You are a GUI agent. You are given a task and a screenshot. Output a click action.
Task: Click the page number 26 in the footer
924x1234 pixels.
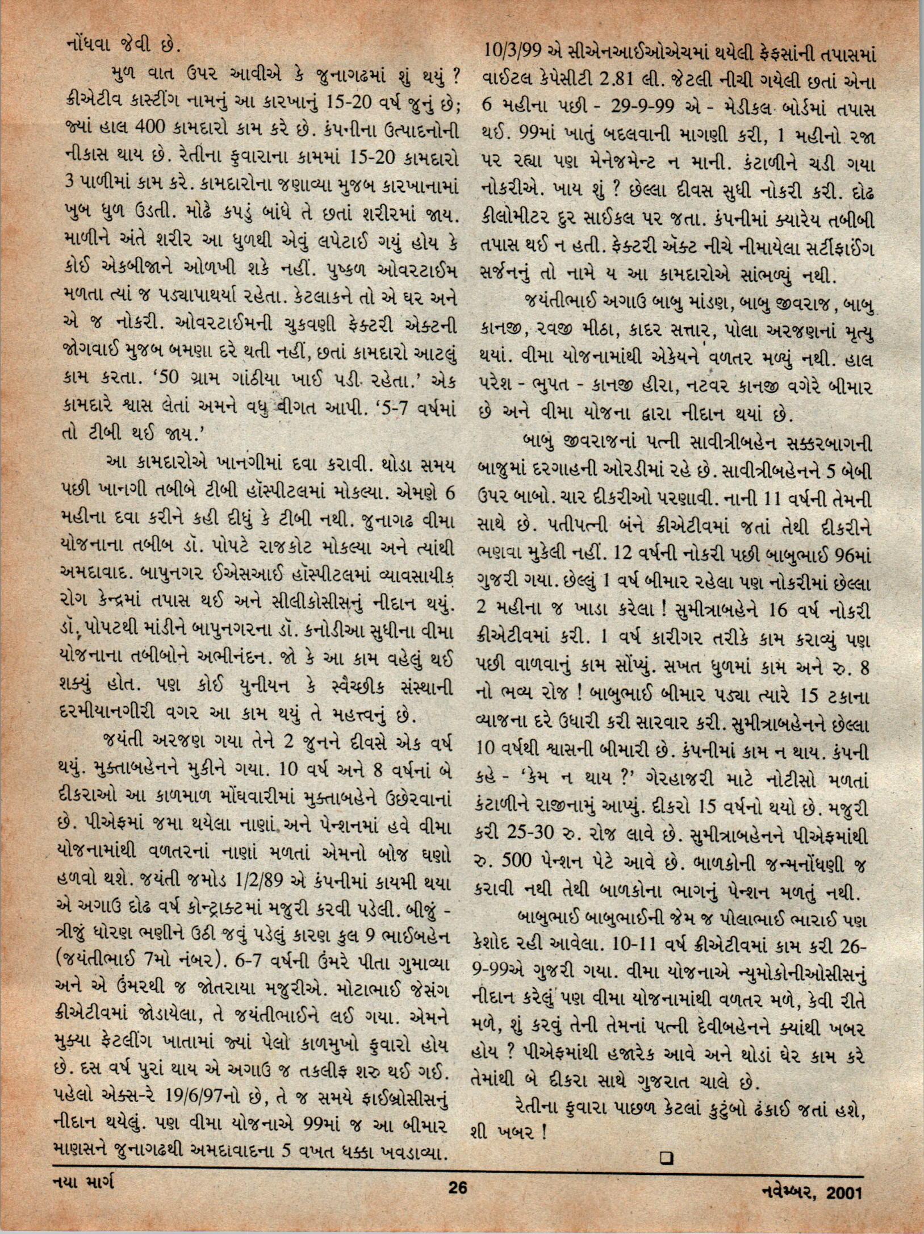point(457,1203)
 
